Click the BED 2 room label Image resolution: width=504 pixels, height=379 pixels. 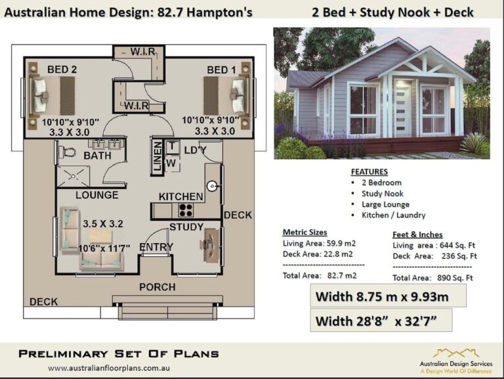(63, 69)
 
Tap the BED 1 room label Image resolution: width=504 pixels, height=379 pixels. (222, 70)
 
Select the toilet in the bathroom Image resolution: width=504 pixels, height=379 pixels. (67, 152)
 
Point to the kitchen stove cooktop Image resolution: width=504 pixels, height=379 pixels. (185, 211)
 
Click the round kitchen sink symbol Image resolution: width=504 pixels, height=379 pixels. (213, 187)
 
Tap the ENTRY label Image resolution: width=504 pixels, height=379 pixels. (156, 247)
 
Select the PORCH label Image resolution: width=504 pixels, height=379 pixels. (157, 287)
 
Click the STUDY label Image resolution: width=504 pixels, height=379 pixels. (186, 227)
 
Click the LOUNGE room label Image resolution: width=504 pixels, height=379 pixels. (96, 195)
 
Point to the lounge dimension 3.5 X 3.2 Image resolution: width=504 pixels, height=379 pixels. (103, 223)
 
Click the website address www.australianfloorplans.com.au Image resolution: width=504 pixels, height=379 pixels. (108, 368)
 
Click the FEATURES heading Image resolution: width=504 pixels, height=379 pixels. (369, 172)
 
